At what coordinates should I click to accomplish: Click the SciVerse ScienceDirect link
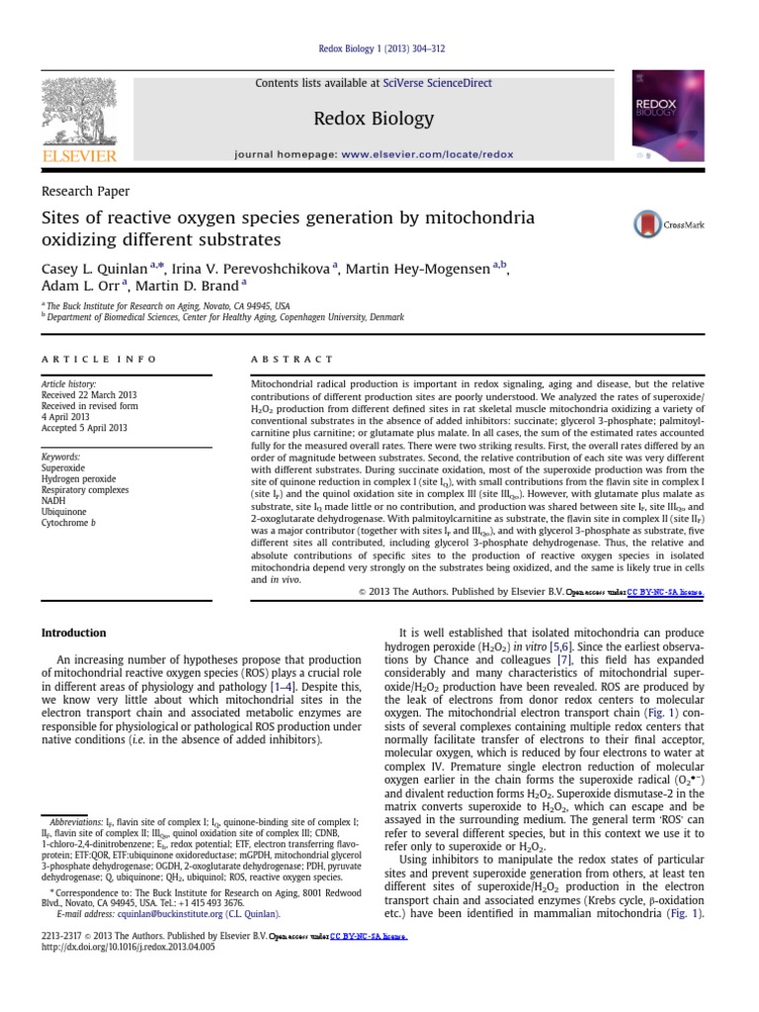pyautogui.click(x=445, y=84)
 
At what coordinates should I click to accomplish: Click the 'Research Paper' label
pyautogui.click(x=85, y=192)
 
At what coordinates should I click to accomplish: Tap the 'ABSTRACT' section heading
pyautogui.click(x=293, y=360)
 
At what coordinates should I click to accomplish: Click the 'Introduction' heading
pyautogui.click(x=73, y=632)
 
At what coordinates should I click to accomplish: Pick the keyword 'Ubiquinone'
pyautogui.click(x=64, y=512)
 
